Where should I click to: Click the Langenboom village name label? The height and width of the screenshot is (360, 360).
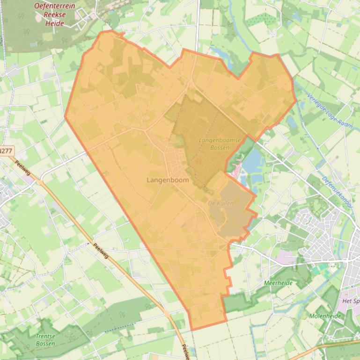(168, 180)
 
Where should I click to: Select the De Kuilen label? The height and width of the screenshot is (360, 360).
(220, 203)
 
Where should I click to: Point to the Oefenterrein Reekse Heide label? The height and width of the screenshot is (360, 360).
(55, 14)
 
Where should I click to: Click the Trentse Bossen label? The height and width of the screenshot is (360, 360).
(45, 339)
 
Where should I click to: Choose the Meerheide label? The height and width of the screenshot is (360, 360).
(278, 283)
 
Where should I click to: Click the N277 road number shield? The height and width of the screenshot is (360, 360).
(6, 151)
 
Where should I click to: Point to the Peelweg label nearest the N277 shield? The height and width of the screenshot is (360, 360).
(22, 168)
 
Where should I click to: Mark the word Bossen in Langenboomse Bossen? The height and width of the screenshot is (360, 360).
(220, 147)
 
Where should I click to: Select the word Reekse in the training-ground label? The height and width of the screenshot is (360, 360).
(55, 14)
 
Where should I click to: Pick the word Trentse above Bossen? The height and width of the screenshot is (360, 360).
(45, 336)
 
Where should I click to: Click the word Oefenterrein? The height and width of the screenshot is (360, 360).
(55, 6)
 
